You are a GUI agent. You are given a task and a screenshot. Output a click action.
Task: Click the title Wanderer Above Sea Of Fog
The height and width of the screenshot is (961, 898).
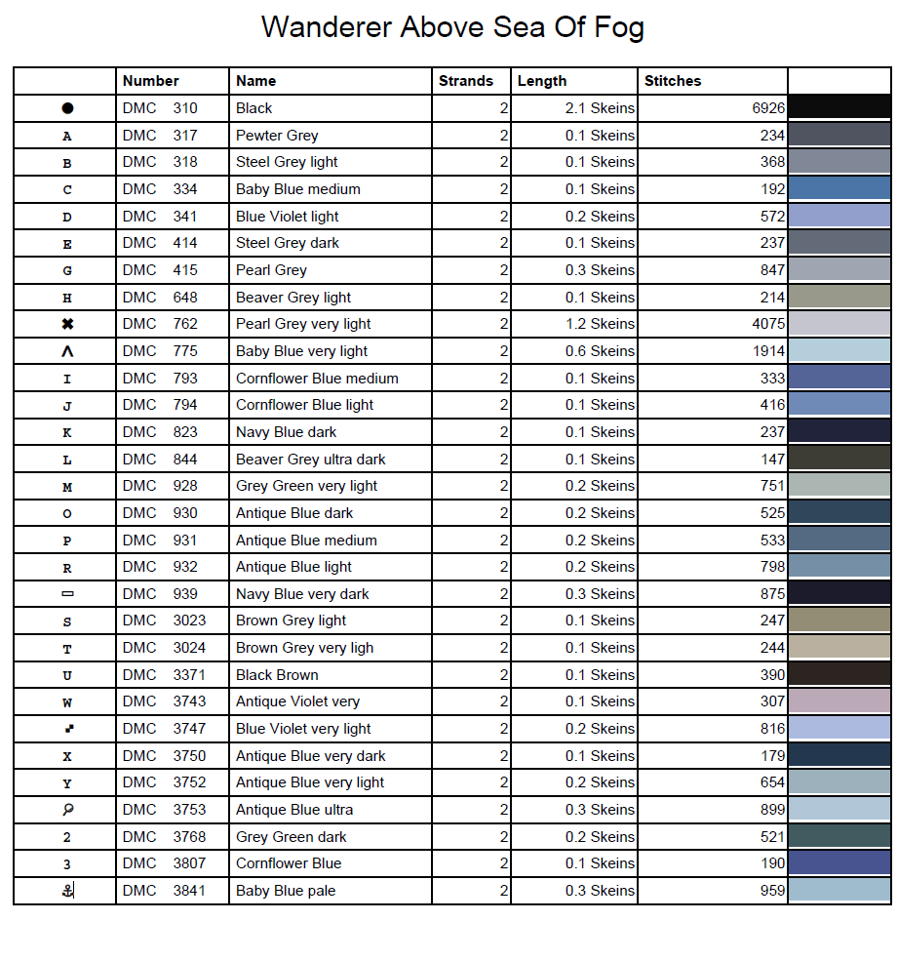(x=452, y=26)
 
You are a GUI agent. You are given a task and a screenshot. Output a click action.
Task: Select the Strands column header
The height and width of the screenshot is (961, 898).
(x=466, y=81)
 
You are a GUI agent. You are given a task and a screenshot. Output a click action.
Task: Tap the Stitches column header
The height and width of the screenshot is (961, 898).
(x=673, y=81)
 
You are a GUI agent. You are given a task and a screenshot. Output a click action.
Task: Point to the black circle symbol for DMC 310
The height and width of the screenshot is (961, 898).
(x=67, y=108)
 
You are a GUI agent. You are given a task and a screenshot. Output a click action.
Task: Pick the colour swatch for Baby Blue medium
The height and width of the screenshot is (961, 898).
(x=839, y=189)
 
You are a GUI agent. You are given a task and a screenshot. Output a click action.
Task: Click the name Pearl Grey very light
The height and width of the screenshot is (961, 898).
(x=303, y=324)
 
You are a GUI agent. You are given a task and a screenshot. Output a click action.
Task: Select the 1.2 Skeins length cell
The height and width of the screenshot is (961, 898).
(x=600, y=324)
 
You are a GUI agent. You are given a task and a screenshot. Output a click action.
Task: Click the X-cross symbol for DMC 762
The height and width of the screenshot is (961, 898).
(x=67, y=324)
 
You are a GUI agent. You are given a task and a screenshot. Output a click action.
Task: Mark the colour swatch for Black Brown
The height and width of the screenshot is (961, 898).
(x=839, y=675)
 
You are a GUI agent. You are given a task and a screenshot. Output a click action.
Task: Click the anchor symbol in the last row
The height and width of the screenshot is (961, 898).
(x=67, y=890)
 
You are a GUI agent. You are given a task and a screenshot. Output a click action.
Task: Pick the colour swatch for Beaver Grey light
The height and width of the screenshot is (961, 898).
(x=839, y=298)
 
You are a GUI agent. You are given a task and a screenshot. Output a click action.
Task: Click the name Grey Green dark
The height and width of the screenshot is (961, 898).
(x=292, y=837)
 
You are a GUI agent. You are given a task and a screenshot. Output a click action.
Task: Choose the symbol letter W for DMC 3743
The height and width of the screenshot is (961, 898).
(x=67, y=702)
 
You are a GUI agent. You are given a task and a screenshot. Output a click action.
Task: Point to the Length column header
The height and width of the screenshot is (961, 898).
(x=542, y=81)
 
